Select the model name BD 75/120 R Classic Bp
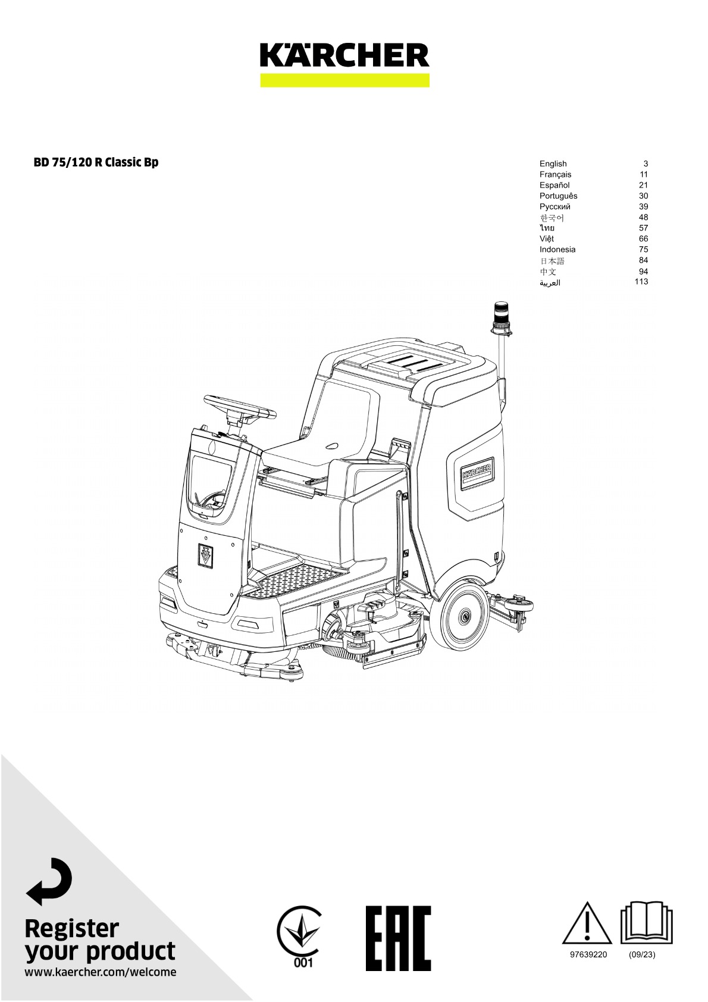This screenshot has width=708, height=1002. [96, 162]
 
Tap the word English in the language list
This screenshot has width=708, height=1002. [553, 164]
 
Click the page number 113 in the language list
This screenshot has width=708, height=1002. [641, 282]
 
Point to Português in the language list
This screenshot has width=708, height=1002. [558, 196]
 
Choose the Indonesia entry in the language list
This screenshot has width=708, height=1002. [557, 249]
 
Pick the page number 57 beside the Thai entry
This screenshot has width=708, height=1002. [643, 227]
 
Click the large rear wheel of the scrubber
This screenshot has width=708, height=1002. [464, 617]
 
